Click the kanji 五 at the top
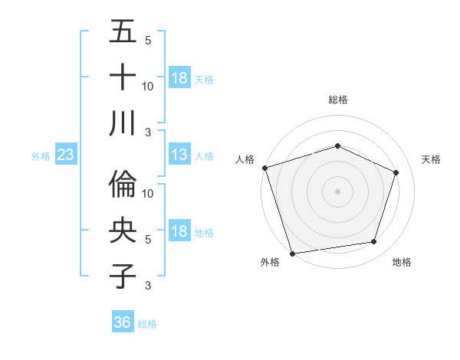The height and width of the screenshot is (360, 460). (123, 32)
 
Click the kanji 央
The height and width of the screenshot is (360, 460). (123, 231)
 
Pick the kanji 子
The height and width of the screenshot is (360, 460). (123, 276)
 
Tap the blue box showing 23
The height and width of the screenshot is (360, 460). (66, 155)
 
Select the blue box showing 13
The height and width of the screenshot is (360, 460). (179, 155)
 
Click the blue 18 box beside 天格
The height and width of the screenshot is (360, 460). (179, 78)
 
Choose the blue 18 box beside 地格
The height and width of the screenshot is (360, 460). (179, 232)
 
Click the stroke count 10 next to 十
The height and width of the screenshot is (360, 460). (148, 86)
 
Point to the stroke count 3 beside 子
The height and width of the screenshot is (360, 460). (148, 286)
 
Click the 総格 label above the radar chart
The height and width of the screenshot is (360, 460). (337, 100)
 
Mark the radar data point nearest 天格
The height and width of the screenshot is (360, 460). (396, 172)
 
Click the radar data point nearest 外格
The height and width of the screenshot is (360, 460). (292, 253)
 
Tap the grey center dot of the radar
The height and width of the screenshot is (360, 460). (337, 191)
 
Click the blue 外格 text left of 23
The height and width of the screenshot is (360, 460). (41, 156)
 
